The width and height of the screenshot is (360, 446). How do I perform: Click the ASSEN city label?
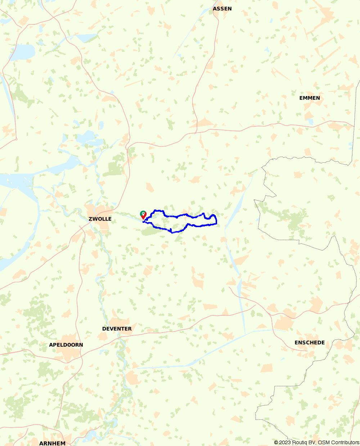pos(222,9)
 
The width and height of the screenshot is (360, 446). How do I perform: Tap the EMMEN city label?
pos(309,98)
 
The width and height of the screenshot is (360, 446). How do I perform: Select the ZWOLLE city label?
pos(100,219)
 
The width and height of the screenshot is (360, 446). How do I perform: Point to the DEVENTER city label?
pos(117,329)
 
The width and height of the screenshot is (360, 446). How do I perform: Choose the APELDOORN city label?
pos(66,345)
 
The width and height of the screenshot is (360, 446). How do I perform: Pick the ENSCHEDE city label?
pos(310,343)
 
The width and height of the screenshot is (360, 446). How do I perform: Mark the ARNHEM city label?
pos(52,443)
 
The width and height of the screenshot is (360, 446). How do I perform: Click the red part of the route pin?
pos(143,217)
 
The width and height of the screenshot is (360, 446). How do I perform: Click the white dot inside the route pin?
pos(143,213)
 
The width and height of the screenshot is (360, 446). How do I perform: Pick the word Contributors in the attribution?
pos(345,443)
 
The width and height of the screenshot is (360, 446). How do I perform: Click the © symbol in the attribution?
pos(276,443)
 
